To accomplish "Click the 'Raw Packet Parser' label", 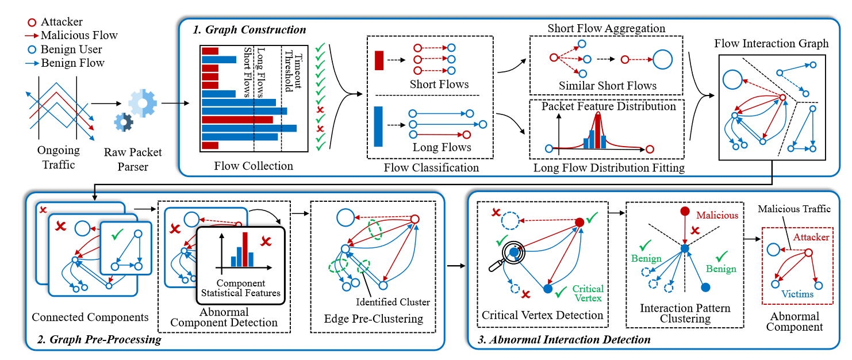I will click(x=133, y=160).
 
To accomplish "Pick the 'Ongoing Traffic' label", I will click(x=59, y=158).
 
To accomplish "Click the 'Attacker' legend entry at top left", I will click(x=62, y=22).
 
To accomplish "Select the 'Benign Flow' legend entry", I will click(x=72, y=63).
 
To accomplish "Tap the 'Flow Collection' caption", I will click(x=254, y=166).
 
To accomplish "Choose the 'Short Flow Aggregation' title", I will click(x=606, y=28).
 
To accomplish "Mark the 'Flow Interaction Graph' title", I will click(x=772, y=44).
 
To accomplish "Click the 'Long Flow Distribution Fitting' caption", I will click(x=609, y=168).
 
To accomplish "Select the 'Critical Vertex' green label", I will click(x=588, y=293).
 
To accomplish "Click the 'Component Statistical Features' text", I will click(x=241, y=288).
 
